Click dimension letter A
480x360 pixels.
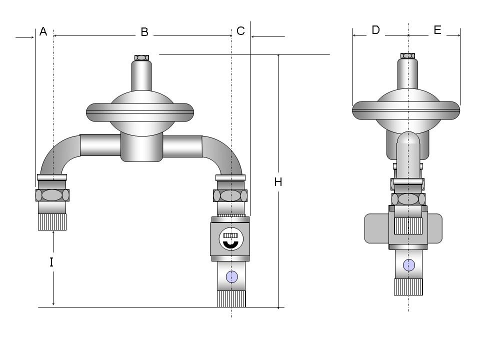coord(43,31)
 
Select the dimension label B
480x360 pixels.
coord(144,32)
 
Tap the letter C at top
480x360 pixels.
coord(241,31)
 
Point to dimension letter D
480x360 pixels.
coord(375,30)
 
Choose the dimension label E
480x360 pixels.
coord(437,30)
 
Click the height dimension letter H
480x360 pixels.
coord(278,182)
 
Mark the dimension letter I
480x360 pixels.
coord(51,262)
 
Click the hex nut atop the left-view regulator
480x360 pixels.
coord(141,58)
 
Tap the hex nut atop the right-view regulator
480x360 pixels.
coord(408,55)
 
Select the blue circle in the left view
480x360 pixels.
coord(231,276)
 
